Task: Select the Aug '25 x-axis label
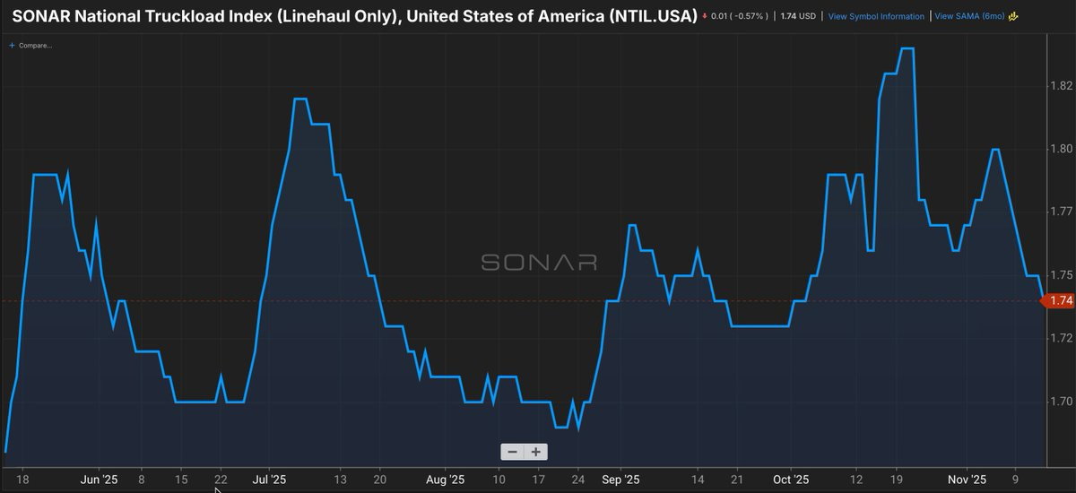(x=444, y=480)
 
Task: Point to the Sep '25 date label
(x=619, y=480)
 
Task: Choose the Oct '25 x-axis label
(x=790, y=480)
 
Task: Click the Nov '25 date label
(x=966, y=480)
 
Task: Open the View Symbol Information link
(x=876, y=17)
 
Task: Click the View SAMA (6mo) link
(x=971, y=17)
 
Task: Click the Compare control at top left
(x=32, y=44)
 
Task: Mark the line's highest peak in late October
(x=907, y=49)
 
